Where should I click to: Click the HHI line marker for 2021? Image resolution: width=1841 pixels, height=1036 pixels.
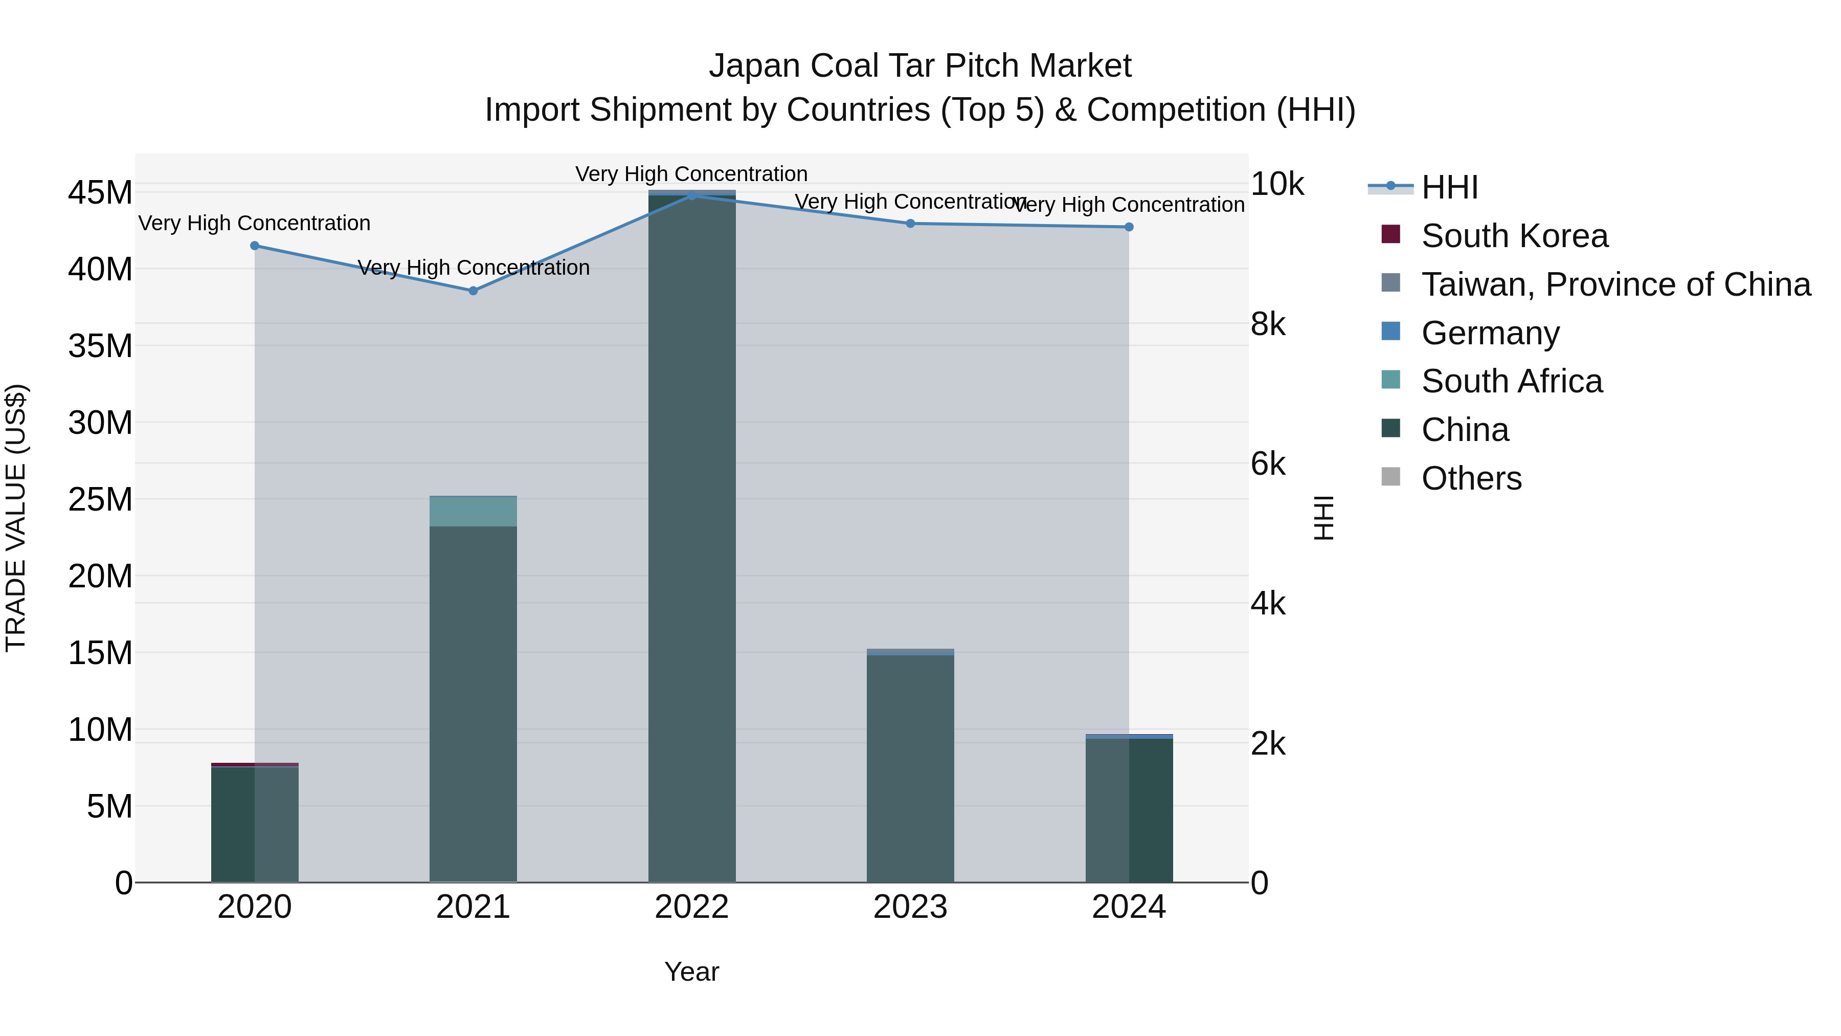point(473,291)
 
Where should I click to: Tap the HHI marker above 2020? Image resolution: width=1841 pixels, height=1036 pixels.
point(255,246)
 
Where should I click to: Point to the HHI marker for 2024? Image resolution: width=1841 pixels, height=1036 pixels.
point(1129,227)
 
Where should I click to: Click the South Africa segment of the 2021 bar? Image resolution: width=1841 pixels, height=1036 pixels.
point(473,511)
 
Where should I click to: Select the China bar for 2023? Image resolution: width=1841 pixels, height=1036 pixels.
point(910,768)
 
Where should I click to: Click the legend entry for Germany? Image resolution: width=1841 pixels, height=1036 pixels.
point(1490,333)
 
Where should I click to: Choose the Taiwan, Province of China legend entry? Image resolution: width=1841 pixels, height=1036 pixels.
point(1615,284)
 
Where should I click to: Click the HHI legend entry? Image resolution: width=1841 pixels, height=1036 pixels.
point(1449,187)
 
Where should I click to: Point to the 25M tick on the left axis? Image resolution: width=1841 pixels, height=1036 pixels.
point(100,499)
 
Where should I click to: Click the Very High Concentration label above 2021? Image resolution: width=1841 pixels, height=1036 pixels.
point(473,268)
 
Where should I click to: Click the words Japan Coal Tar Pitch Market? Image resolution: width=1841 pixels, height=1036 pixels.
point(920,66)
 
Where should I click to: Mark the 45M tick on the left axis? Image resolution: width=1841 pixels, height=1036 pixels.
point(100,192)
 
